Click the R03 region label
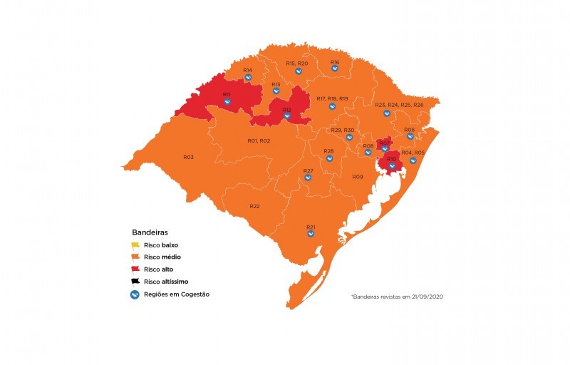tap(188, 157)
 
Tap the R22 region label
tap(254, 206)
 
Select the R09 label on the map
tap(358, 176)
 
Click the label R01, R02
tap(259, 141)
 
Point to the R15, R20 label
tap(297, 63)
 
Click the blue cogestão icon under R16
tap(335, 70)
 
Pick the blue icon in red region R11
tap(227, 102)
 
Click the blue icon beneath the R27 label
tap(309, 178)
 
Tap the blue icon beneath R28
tap(329, 158)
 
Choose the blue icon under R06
tap(410, 136)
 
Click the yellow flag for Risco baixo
tap(136, 245)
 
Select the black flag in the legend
tap(136, 282)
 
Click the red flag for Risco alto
tap(136, 269)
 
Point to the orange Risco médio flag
tap(136, 257)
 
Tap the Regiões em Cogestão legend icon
tap(135, 294)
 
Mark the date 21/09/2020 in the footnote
tap(428, 296)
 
